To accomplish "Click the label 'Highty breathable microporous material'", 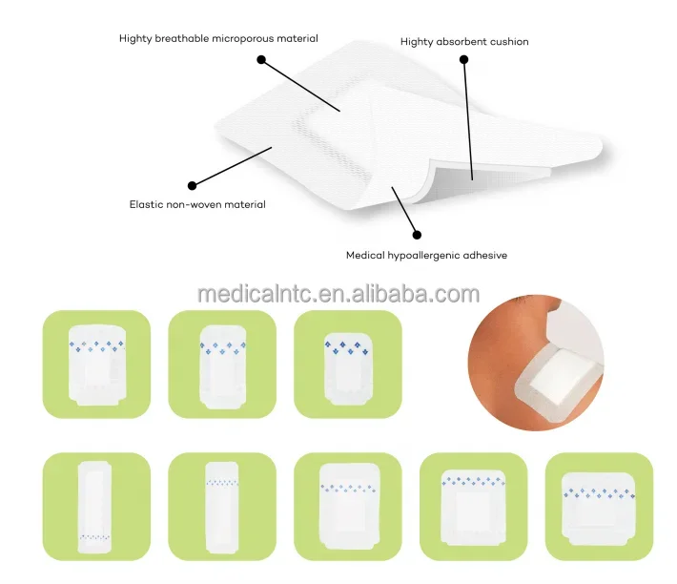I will (x=218, y=39).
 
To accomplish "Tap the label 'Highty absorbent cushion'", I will (x=464, y=42).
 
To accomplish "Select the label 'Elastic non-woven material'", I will (x=197, y=204).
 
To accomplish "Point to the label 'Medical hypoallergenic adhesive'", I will (x=426, y=255).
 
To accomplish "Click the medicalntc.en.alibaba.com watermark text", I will (x=338, y=294).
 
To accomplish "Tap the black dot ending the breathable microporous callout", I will (x=260, y=59).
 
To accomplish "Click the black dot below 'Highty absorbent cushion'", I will (x=464, y=59).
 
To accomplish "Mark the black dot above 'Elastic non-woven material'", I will (x=192, y=185).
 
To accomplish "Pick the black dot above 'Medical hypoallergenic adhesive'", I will (x=415, y=232).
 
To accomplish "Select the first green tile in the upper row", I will (x=96, y=364).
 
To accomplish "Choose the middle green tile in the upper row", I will (x=221, y=364).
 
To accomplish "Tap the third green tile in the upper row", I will (x=347, y=364).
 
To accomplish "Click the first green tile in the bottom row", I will (x=96, y=506).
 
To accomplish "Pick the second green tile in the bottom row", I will (x=221, y=506).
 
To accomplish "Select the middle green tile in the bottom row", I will (x=347, y=506).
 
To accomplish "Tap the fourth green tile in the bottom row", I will (x=473, y=506).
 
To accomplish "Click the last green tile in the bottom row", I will (x=599, y=506).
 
